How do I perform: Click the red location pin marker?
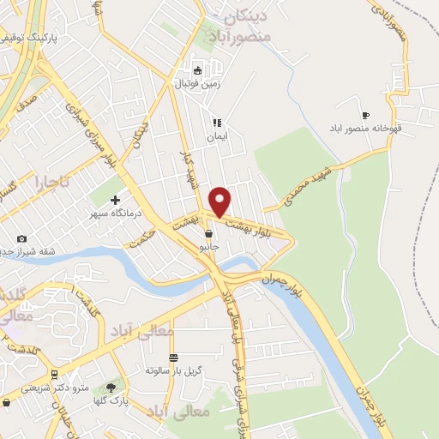220,201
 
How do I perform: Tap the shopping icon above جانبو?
208,233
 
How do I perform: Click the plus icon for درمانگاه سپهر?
115,200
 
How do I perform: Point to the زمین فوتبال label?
198,84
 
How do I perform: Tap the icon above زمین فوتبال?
198,71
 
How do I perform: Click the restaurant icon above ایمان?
217,123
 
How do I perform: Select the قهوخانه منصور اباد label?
366,129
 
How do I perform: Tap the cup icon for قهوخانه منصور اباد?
366,116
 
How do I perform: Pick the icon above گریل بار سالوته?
173,358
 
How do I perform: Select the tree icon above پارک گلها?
111,388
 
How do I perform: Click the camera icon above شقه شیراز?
21,238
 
